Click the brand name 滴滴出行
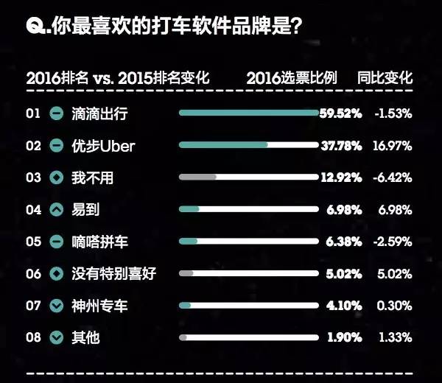click(x=99, y=114)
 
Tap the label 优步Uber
click(x=103, y=146)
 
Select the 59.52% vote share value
click(x=340, y=113)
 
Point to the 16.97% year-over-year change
click(x=393, y=146)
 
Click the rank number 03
click(x=33, y=178)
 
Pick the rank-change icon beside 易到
click(x=57, y=210)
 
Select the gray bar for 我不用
click(x=197, y=178)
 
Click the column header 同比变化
click(x=385, y=77)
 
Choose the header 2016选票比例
click(x=292, y=77)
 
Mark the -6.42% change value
click(x=393, y=178)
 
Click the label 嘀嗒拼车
click(x=99, y=242)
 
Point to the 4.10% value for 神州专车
click(x=344, y=306)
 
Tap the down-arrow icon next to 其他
click(x=57, y=337)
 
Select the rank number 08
click(x=33, y=337)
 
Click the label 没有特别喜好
click(x=113, y=274)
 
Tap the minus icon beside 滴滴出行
click(x=57, y=114)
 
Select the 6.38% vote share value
click(x=344, y=242)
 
